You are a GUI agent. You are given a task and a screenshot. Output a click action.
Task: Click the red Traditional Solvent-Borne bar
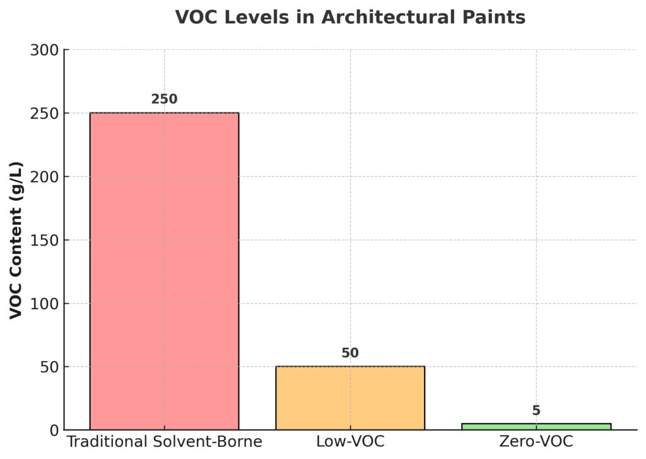(164, 271)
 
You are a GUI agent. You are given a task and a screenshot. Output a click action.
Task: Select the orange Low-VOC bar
(350, 398)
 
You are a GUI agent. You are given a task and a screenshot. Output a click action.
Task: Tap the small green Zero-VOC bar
(536, 427)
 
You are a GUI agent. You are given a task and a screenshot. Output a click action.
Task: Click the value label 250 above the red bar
(164, 99)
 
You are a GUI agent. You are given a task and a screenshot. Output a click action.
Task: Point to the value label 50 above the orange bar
(350, 353)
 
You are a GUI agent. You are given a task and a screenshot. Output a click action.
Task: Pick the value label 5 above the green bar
(536, 410)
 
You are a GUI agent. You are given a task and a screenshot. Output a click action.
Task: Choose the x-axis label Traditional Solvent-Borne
(164, 441)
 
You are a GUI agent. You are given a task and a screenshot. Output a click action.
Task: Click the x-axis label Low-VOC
(350, 441)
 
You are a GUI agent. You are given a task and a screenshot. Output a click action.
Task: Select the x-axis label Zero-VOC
(536, 441)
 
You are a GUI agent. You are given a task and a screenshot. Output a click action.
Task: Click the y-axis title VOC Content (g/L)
(17, 240)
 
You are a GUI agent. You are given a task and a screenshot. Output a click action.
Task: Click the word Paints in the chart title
(498, 18)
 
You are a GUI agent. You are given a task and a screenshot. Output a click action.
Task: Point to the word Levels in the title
(242, 18)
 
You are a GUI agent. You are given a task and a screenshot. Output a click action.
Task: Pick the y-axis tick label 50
(48, 367)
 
